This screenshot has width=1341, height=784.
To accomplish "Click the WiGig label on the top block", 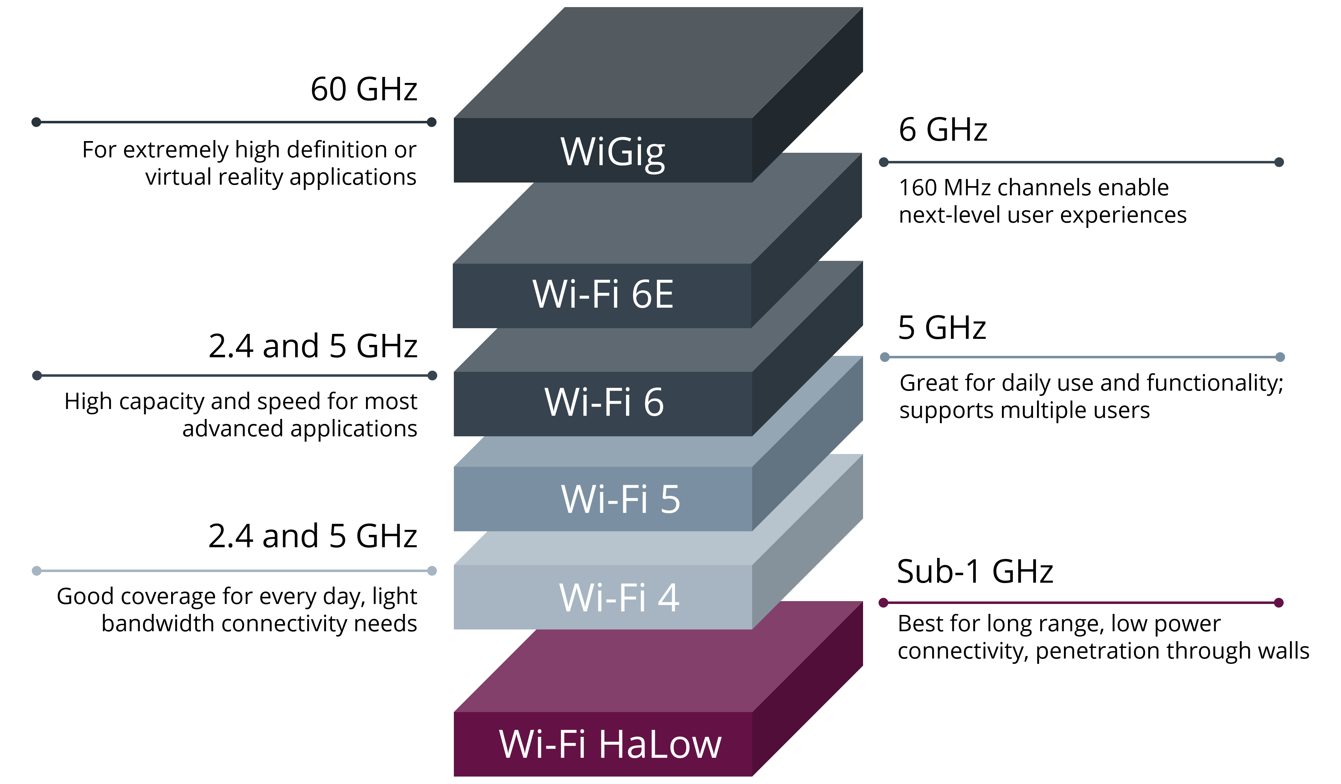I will click(613, 152).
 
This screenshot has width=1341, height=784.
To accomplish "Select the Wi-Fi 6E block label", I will click(603, 294).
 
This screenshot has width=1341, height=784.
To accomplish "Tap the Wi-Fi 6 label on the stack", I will click(604, 402).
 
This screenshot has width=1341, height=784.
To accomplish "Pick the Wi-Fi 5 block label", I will click(620, 499).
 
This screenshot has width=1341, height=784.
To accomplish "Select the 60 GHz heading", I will click(364, 89).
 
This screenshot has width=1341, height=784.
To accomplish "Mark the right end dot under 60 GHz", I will click(432, 122).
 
